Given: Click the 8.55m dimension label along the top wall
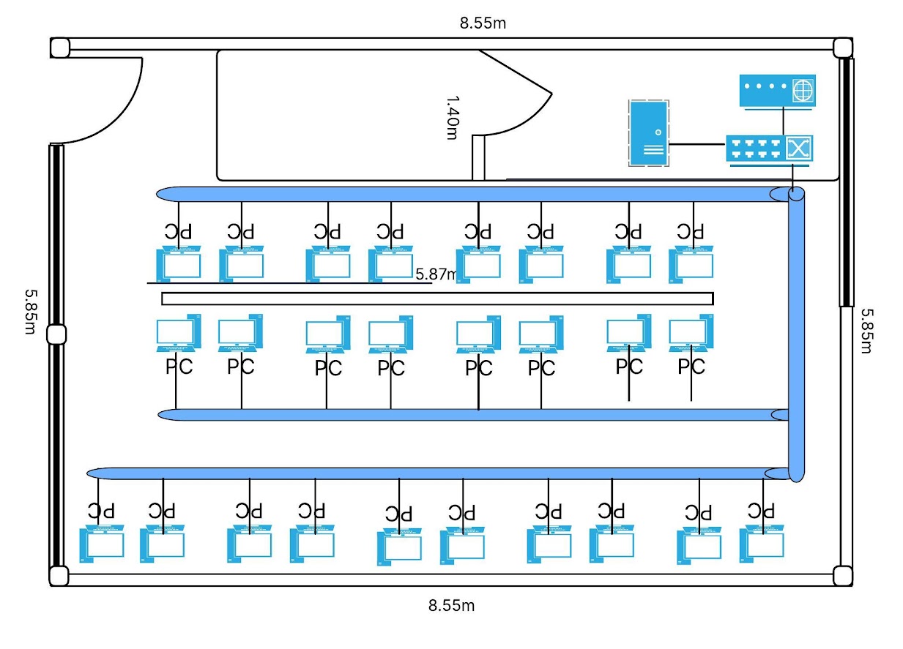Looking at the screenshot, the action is click(483, 23).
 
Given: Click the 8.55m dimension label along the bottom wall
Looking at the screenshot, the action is click(451, 606).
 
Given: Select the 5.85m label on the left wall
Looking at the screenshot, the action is click(31, 312).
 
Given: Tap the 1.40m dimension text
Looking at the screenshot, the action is click(453, 118).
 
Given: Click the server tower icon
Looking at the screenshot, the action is click(649, 133).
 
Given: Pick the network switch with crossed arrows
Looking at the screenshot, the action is click(770, 150).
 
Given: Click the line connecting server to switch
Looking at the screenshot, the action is click(697, 144).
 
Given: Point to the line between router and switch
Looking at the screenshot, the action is click(784, 121).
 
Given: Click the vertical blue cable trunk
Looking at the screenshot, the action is click(796, 334).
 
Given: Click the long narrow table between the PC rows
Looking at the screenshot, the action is click(437, 299).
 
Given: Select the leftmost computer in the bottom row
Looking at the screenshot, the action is click(102, 544).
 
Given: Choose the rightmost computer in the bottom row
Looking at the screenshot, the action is click(762, 544).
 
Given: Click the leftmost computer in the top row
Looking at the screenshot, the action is click(178, 264).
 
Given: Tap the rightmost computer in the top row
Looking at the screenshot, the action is click(691, 264).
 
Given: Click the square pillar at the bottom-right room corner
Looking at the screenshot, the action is click(842, 576).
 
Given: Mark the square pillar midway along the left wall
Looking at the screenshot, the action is click(56, 334).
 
